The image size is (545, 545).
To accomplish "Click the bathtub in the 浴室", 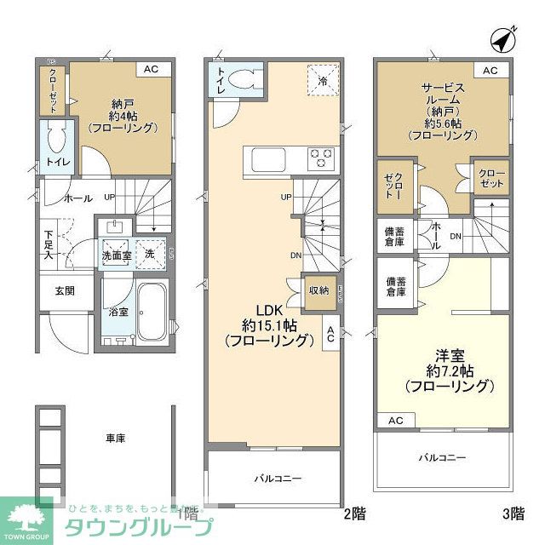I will [x=153, y=312].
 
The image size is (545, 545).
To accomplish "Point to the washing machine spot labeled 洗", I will [x=150, y=254].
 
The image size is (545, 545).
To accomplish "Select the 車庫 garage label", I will [x=116, y=438].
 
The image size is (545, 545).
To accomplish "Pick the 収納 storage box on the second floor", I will [x=318, y=290].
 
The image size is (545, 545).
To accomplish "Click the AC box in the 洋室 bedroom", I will [x=396, y=421].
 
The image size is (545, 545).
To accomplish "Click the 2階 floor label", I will [x=354, y=513].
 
